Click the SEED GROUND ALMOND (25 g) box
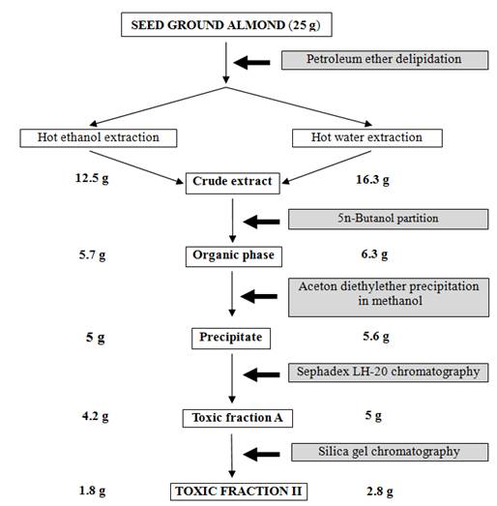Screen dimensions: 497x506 (226, 24)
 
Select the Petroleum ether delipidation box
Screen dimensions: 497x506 (385, 60)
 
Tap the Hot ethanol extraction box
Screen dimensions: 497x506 (99, 138)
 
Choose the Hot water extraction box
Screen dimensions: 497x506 (367, 138)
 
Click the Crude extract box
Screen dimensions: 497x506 (232, 183)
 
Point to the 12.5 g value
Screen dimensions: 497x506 (92, 178)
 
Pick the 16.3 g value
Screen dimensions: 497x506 (372, 180)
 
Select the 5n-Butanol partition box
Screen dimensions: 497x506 (389, 219)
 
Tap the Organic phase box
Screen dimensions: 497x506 (233, 257)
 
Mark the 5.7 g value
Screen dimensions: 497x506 (92, 255)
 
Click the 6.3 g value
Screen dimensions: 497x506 (374, 254)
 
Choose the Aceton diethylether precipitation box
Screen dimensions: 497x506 (389, 297)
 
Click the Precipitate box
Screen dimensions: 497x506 (231, 339)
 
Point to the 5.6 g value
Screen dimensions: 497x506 (376, 337)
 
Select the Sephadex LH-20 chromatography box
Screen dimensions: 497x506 (389, 372)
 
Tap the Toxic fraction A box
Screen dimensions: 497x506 (238, 419)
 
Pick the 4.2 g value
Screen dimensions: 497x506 (95, 417)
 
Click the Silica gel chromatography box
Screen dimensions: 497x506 (390, 452)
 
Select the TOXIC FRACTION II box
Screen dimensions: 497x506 (239, 491)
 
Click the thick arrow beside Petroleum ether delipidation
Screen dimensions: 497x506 (252, 63)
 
